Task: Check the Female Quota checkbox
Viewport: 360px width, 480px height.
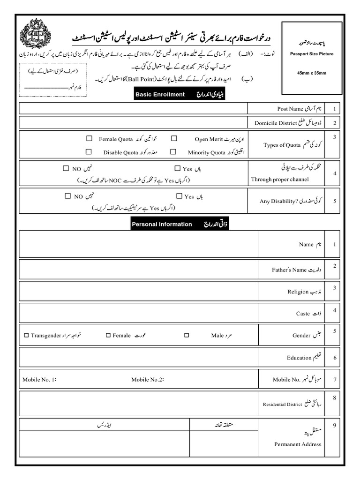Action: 89,139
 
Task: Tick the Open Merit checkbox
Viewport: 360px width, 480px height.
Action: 174,139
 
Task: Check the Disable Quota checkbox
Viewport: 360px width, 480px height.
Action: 89,152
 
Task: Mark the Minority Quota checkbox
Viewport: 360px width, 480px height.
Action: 173,152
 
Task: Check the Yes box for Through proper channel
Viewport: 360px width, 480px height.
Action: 178,168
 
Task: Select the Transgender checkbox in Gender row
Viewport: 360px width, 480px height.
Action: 26,335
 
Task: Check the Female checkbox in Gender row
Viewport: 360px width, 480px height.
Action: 108,335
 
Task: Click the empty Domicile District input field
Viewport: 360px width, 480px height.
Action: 133,123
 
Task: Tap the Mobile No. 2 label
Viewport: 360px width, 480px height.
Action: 147,380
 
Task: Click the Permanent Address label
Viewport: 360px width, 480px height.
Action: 298,444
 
